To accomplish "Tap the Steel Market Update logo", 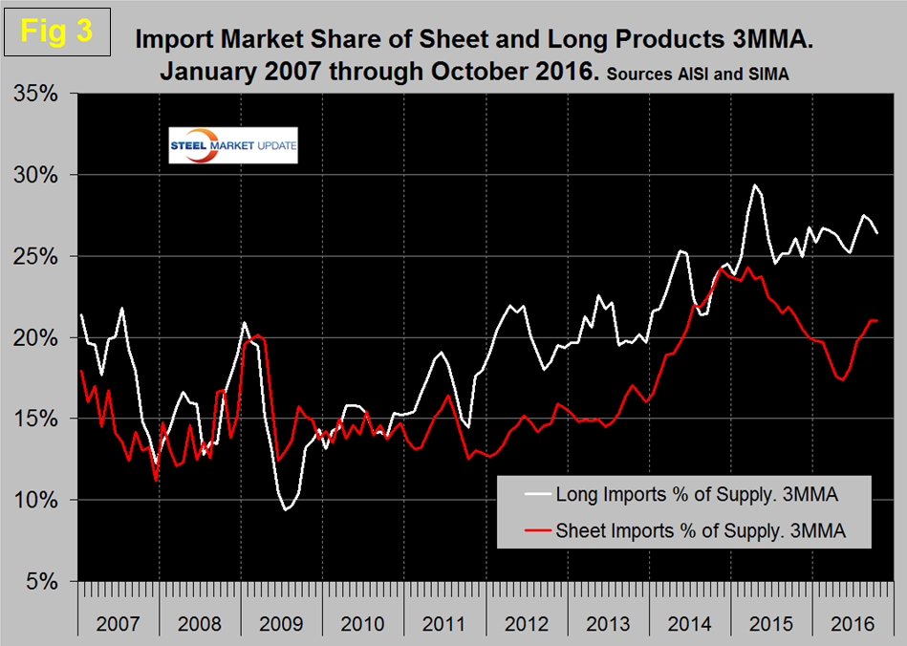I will coord(233,144).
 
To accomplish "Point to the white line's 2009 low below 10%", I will coord(285,510).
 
